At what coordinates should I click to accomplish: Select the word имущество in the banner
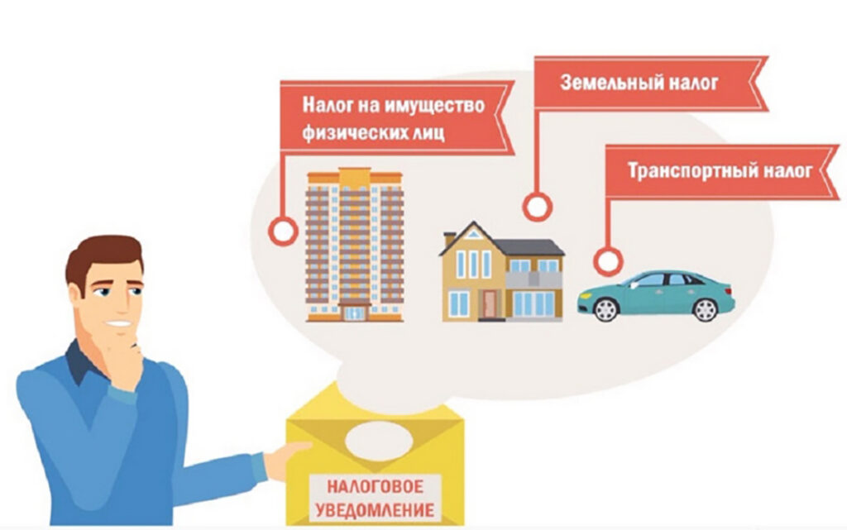(434, 106)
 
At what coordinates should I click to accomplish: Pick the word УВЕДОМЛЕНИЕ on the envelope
(375, 510)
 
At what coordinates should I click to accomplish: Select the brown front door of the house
(490, 303)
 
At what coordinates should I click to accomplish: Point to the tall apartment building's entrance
(354, 312)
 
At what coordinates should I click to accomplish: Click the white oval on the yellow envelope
(379, 441)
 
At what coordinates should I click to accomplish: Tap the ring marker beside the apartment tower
(283, 232)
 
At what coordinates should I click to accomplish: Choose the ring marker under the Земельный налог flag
(538, 207)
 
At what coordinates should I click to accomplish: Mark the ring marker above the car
(608, 262)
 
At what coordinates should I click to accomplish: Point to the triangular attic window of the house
(473, 235)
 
